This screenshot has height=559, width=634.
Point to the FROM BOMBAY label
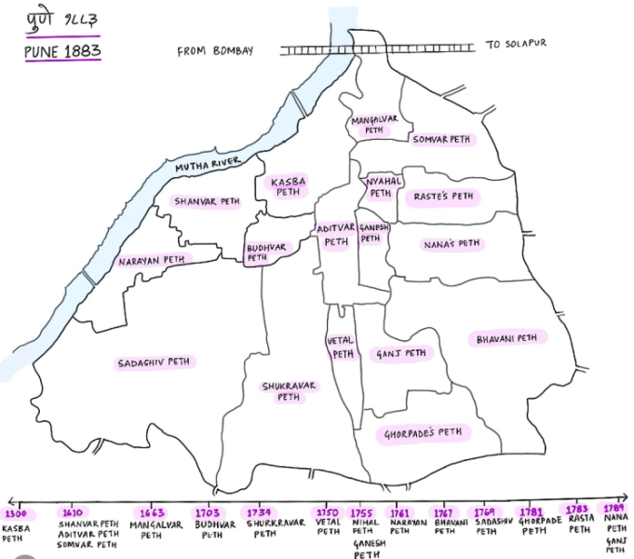pyautogui.click(x=215, y=51)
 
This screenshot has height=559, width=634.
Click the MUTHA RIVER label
pyautogui.click(x=208, y=165)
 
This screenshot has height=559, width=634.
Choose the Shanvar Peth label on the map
pyautogui.click(x=207, y=200)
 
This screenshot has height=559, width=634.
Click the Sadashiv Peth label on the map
pyautogui.click(x=157, y=362)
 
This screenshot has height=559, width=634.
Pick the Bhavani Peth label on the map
pyautogui.click(x=506, y=337)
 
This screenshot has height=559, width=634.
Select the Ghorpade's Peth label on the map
pyautogui.click(x=424, y=433)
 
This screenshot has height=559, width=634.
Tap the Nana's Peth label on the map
pyautogui.click(x=452, y=244)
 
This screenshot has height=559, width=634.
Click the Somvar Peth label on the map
pyautogui.click(x=441, y=140)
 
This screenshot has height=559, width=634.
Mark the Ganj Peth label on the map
pyautogui.click(x=401, y=354)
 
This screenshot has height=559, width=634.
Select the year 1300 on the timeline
pyautogui.click(x=16, y=513)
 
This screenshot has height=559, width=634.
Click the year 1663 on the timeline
pyautogui.click(x=152, y=513)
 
